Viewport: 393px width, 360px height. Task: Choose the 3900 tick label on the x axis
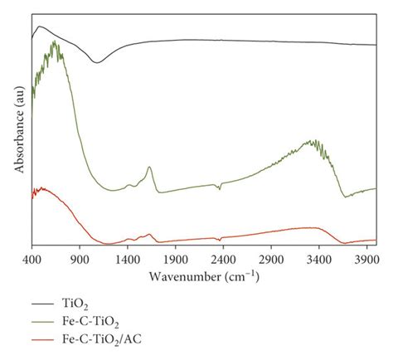366,260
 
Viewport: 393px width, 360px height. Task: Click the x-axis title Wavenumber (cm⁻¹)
202,276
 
